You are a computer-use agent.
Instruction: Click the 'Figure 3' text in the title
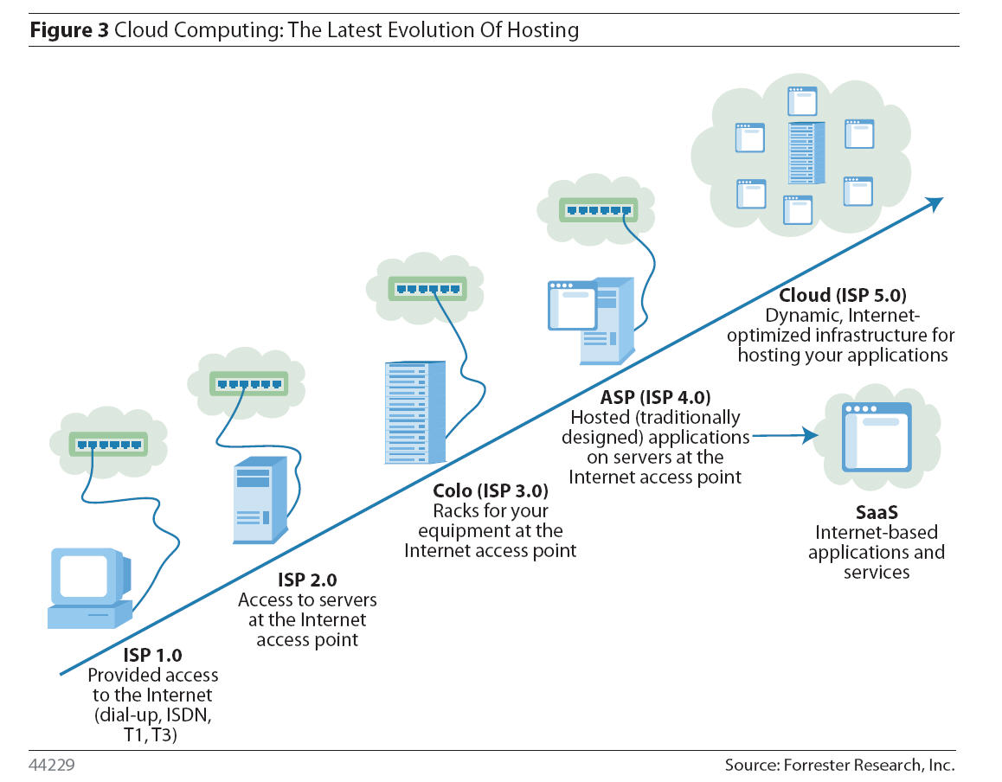click(x=68, y=31)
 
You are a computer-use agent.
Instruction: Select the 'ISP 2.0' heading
click(x=307, y=580)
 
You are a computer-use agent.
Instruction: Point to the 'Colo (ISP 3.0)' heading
click(x=490, y=490)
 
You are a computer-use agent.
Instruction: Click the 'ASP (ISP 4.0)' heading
click(x=655, y=398)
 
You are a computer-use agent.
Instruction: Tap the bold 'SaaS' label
click(x=877, y=514)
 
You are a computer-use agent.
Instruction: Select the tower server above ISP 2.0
click(x=260, y=501)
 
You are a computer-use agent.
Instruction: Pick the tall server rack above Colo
click(x=414, y=413)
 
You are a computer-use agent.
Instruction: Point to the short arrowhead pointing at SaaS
click(x=811, y=435)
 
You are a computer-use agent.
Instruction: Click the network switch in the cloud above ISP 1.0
click(x=108, y=445)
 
